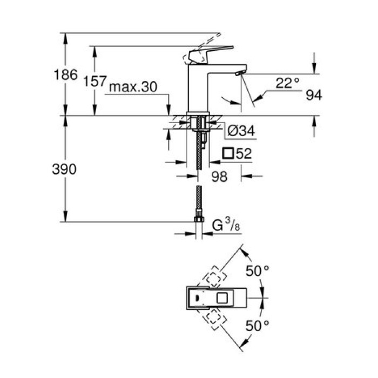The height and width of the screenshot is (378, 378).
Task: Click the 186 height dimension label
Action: pyautogui.click(x=67, y=75)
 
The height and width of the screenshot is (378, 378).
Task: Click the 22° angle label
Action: pyautogui.click(x=287, y=83)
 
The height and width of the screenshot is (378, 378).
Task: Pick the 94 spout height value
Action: pyautogui.click(x=314, y=96)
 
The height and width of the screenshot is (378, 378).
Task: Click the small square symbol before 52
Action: pyautogui.click(x=228, y=153)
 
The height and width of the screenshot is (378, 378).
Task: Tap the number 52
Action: pyautogui.click(x=244, y=153)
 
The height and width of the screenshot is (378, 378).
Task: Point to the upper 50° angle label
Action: pyautogui.click(x=258, y=270)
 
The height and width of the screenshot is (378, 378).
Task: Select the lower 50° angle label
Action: pyautogui.click(x=258, y=326)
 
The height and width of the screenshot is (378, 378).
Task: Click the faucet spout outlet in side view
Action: pyautogui.click(x=239, y=72)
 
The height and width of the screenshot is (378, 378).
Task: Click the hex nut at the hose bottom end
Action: pyautogui.click(x=199, y=219)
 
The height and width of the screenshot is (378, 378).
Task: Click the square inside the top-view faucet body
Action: pyautogui.click(x=222, y=298)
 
